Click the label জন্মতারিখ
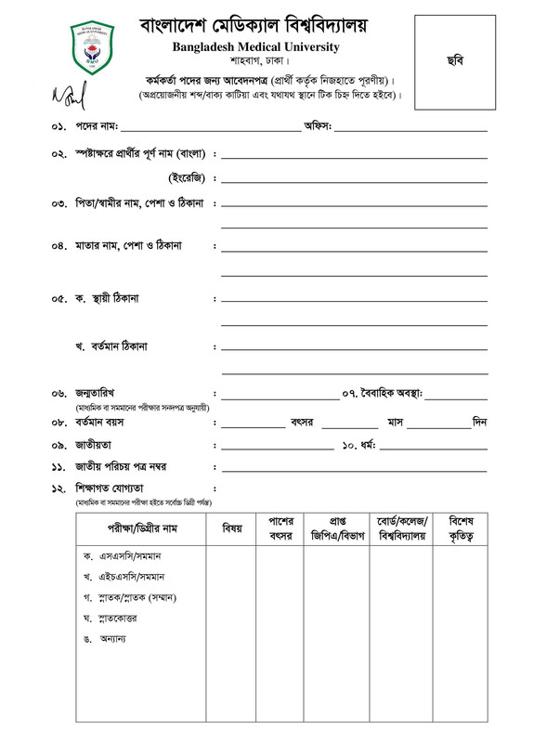(100, 394)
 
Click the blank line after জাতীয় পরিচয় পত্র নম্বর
(354, 466)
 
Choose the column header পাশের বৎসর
(281, 528)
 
